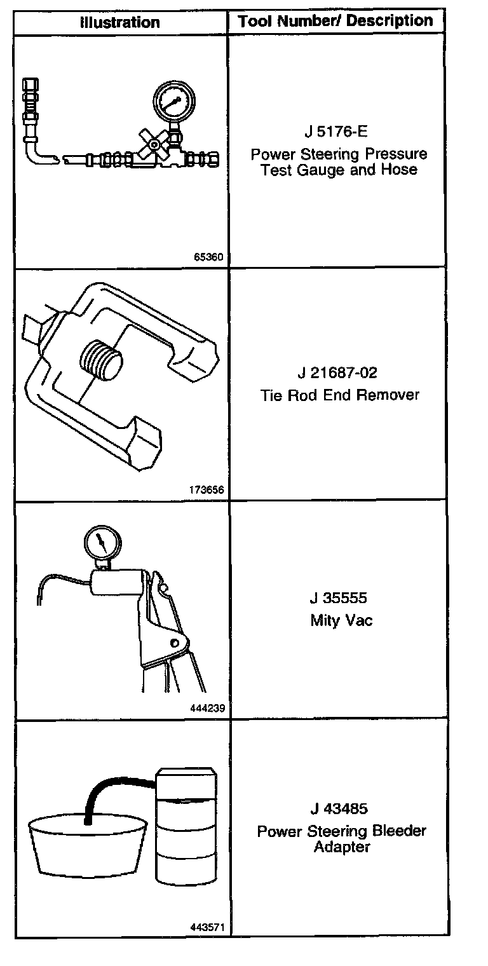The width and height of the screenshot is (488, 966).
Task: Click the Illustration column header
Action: (x=120, y=23)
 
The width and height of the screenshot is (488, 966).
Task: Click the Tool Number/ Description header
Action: (x=335, y=22)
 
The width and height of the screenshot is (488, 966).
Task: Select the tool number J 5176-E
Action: (x=335, y=132)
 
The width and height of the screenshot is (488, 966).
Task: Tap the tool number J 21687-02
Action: (x=341, y=373)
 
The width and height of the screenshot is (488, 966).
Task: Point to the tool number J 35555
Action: (x=338, y=599)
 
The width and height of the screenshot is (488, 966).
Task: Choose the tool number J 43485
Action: (x=339, y=809)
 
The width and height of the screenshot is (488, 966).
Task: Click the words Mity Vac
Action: (x=341, y=620)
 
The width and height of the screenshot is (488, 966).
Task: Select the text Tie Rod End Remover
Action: (x=340, y=395)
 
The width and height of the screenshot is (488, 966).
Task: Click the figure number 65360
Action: (x=209, y=258)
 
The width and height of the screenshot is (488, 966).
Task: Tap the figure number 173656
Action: (x=207, y=490)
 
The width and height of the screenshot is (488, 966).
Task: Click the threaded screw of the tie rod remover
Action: (x=100, y=361)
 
